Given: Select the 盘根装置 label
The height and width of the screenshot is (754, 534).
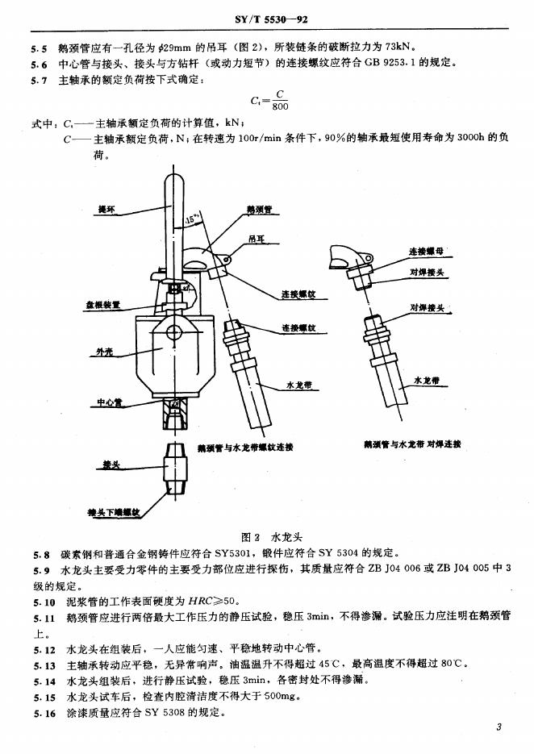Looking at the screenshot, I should click(104, 306).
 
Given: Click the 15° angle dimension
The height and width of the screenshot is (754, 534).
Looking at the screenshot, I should click(192, 219).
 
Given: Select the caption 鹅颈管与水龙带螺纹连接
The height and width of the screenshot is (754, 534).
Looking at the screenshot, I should click(245, 446).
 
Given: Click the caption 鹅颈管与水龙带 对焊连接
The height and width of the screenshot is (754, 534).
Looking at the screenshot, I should click(412, 445).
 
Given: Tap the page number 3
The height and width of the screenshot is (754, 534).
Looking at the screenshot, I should click(499, 728).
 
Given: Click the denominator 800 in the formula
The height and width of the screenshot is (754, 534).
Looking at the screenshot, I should click(280, 106).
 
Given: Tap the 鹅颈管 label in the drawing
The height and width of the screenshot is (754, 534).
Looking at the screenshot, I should click(258, 210).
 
